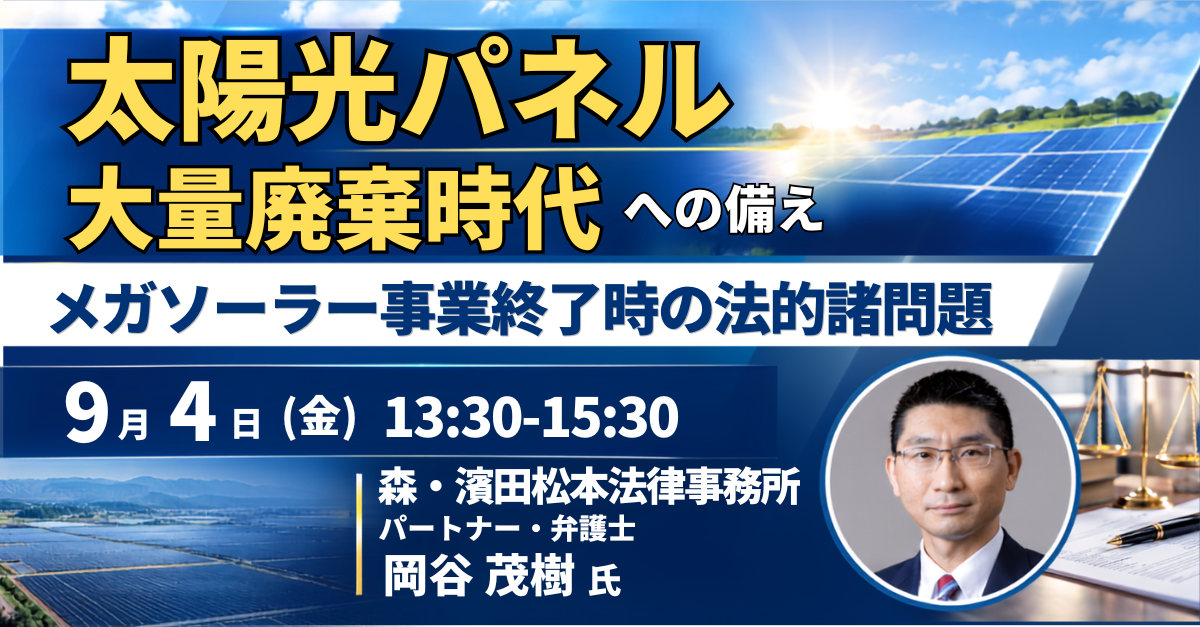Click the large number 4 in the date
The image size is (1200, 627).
(193, 418)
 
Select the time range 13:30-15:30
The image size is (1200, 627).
(531, 418)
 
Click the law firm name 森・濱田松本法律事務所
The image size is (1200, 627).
(589, 487)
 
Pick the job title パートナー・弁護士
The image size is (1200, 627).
(507, 529)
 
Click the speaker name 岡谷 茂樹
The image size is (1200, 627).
(479, 576)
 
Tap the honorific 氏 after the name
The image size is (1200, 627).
(604, 582)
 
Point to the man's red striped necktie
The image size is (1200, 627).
(947, 586)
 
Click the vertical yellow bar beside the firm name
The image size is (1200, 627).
(358, 534)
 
